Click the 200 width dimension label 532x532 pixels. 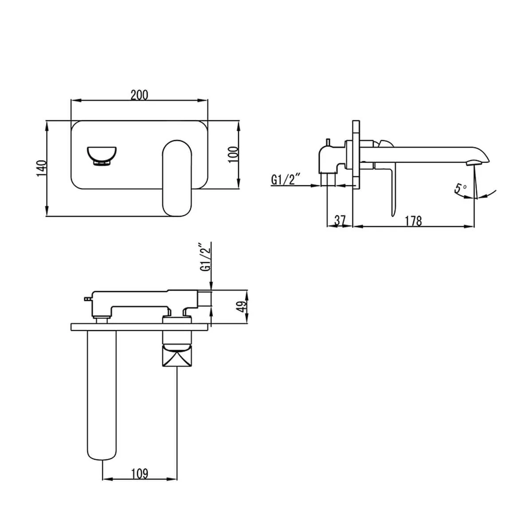click(139, 95)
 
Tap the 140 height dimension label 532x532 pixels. click(41, 168)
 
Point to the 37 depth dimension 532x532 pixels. click(340, 220)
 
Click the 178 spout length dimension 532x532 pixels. click(413, 220)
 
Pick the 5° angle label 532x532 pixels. click(460, 188)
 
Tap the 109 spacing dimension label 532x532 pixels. click(139, 473)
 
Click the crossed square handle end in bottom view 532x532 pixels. click(176, 357)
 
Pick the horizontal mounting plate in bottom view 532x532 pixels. click(139, 327)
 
